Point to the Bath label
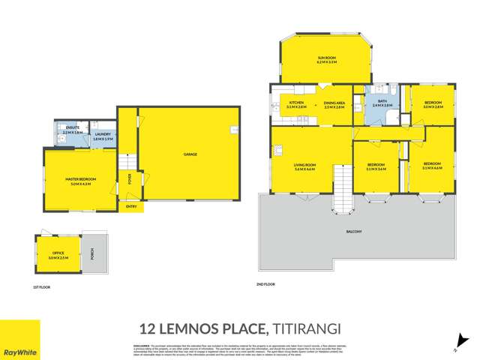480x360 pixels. click(x=382, y=103)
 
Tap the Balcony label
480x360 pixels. click(x=354, y=231)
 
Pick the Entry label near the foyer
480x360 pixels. click(x=131, y=206)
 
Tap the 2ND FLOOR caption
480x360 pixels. click(x=265, y=284)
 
